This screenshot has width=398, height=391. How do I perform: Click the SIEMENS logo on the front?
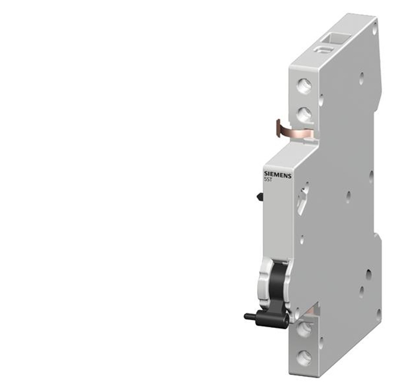pos(278,175)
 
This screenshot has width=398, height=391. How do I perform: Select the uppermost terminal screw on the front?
pos(304,86)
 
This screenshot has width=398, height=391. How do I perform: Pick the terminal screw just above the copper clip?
pos(304,114)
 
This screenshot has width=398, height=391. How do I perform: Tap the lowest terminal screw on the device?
pos(304,358)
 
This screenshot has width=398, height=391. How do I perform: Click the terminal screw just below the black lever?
pos(304,330)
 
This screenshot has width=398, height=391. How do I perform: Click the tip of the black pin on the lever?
pos(245,316)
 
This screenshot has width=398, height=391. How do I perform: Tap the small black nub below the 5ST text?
pos(260,196)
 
